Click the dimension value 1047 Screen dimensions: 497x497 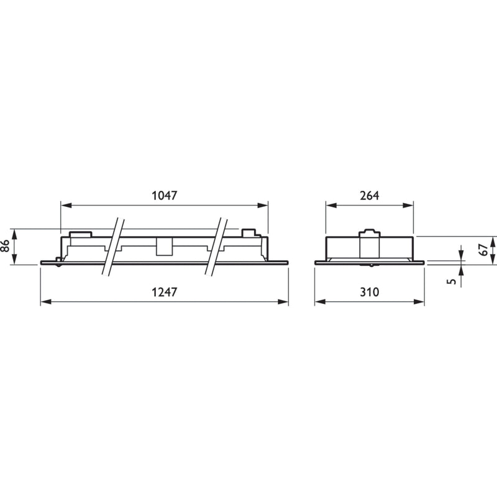coord(165,196)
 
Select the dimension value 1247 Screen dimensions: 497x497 coord(165,292)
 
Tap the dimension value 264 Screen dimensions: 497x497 coord(370,196)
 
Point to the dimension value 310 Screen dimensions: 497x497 coord(370,292)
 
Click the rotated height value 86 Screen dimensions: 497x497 coord(6,245)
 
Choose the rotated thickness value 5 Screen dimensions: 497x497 coord(453,281)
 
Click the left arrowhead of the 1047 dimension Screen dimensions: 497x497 coord(66,206)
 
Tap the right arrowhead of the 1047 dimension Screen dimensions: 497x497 coord(262,206)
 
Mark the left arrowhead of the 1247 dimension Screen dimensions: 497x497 coord(46,302)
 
